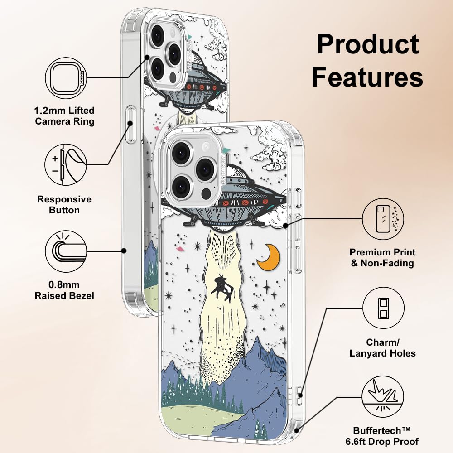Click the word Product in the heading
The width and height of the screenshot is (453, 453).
coord(368,44)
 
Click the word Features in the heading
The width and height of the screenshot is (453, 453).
coord(367,77)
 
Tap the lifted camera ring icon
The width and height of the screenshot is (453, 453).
coord(66,78)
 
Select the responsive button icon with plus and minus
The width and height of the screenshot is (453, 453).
coord(66,164)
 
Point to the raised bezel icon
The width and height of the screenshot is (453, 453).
coord(66,251)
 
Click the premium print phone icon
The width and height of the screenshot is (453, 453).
coord(383,219)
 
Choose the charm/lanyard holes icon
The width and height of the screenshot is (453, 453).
coord(383,308)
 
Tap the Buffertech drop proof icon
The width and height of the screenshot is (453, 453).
coord(383,397)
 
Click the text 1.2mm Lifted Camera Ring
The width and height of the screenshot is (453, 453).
coord(64,116)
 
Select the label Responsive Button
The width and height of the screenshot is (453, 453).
coord(64,205)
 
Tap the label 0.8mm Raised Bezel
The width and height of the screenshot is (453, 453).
coord(64,290)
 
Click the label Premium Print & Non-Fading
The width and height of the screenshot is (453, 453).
coord(382,257)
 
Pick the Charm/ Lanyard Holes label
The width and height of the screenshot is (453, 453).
coord(382,347)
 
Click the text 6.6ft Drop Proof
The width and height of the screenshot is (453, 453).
coord(382,441)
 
